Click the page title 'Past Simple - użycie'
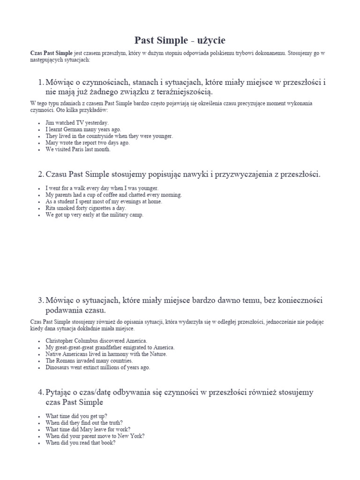point(180,40)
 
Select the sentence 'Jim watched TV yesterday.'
point(77,123)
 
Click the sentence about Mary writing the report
point(87,143)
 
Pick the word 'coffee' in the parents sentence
point(112,195)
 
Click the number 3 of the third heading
point(40,300)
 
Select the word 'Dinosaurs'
point(58,367)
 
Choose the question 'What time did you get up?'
point(76,416)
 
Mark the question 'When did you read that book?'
point(80,442)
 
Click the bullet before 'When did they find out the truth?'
point(38,423)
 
